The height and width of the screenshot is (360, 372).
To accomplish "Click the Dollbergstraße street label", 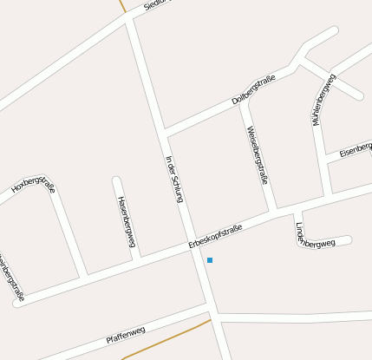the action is [x=253, y=90].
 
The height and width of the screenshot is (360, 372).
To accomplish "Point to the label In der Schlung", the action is [x=173, y=178].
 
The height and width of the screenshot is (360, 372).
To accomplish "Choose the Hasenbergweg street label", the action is [x=127, y=221].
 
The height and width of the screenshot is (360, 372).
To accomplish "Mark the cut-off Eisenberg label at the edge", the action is [x=356, y=149].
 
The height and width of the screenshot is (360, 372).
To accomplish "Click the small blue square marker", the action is [x=210, y=260].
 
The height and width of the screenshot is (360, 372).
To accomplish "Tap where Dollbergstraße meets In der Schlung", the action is [x=163, y=134].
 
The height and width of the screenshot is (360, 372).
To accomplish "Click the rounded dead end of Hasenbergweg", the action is [x=116, y=180].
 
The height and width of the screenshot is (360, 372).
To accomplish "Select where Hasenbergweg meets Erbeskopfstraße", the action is [x=140, y=259].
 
